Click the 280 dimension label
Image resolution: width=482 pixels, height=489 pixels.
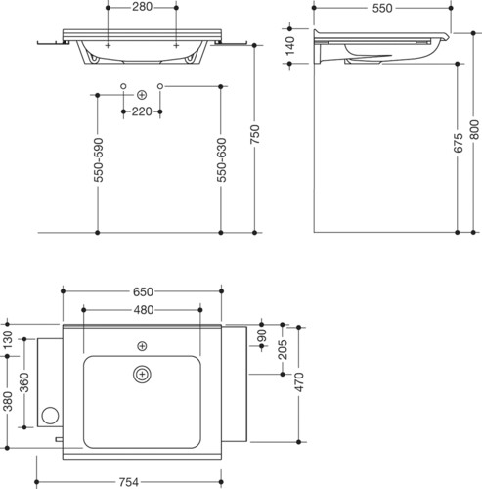click(142, 7)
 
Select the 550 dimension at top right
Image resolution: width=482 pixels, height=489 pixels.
click(382, 9)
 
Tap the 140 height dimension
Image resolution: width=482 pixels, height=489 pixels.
click(289, 45)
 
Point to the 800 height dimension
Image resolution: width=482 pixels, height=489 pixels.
click(475, 130)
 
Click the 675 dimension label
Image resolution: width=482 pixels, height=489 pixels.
click(458, 143)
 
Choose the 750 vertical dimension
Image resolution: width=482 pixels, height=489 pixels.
click(254, 134)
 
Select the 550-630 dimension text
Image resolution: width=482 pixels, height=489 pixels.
click(221, 159)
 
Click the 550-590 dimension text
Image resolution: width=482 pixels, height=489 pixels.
click(98, 159)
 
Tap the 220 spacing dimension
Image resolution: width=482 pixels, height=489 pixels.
click(142, 111)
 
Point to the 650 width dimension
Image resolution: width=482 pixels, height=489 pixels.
click(143, 291)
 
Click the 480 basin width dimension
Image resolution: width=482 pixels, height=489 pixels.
click(144, 310)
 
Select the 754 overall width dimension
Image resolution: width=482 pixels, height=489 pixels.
click(128, 482)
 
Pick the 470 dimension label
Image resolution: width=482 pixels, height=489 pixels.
click(299, 381)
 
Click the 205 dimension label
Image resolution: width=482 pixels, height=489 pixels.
click(283, 349)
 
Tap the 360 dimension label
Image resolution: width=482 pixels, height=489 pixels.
click(24, 382)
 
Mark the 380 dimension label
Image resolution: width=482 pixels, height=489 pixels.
click(7, 401)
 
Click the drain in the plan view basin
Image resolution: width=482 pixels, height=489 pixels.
click(142, 375)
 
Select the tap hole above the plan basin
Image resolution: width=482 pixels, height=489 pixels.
click(142, 346)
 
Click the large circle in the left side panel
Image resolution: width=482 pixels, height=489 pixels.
click(50, 416)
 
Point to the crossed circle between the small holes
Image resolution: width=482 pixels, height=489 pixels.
click(142, 95)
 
